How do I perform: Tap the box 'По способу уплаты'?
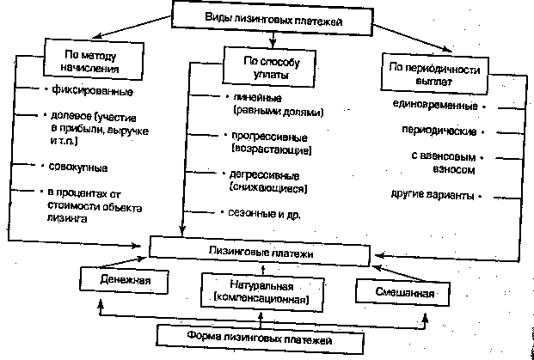272,66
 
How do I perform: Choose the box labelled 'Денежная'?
122,281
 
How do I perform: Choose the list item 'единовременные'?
435,106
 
